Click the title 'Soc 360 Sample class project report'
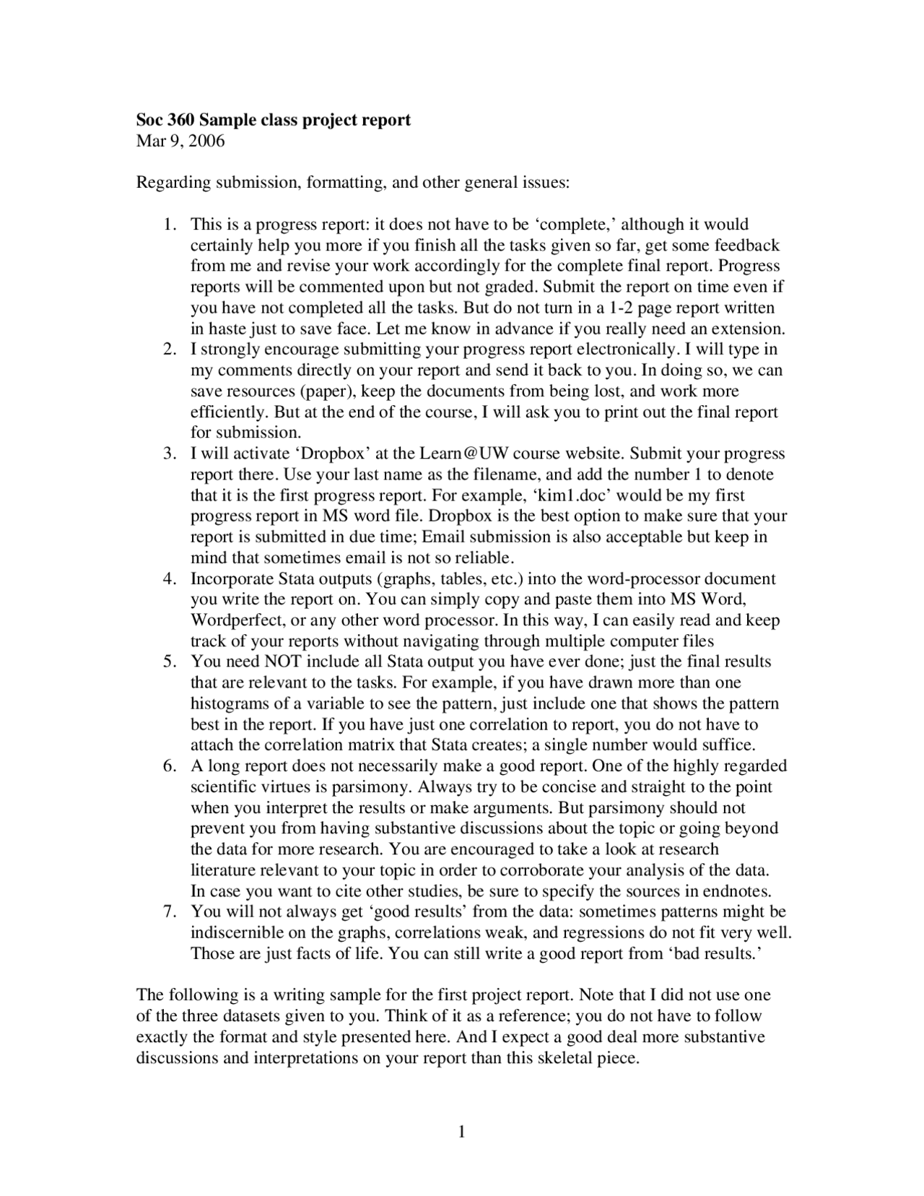[x=274, y=119]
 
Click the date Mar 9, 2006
[x=180, y=140]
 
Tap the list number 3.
[x=169, y=454]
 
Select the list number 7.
[x=169, y=911]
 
